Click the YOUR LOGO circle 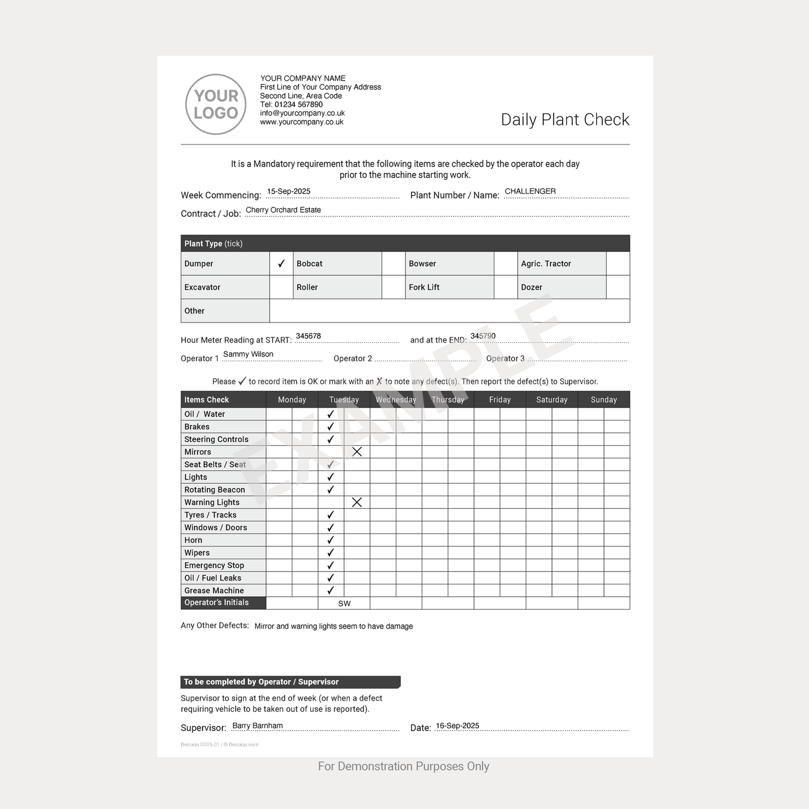tap(216, 104)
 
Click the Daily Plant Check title tap(564, 119)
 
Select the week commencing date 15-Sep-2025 tap(288, 191)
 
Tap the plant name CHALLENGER tap(530, 191)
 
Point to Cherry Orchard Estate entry tap(283, 210)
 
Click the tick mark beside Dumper tap(281, 264)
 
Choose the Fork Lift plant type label tap(424, 287)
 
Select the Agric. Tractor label tap(545, 264)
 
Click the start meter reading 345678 tap(308, 336)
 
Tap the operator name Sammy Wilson tap(248, 354)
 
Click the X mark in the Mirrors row tap(357, 452)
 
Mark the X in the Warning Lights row tap(357, 502)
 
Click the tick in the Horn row tap(330, 540)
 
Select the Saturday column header tap(551, 400)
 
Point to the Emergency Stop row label tap(214, 565)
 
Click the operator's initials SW tap(344, 604)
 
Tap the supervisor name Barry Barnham tap(257, 726)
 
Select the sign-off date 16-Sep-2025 tap(457, 726)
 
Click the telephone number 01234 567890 tap(298, 105)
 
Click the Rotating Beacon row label tap(214, 490)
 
